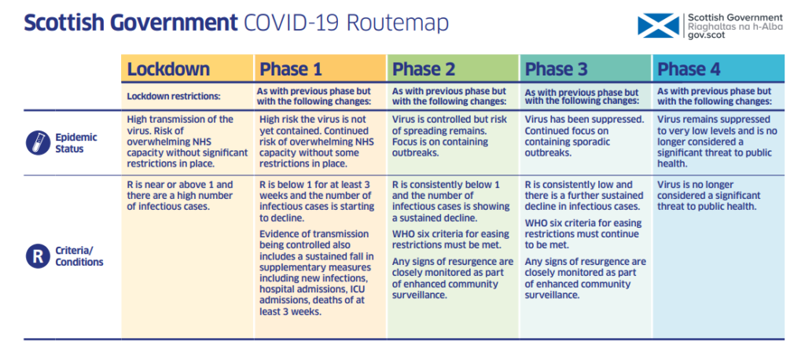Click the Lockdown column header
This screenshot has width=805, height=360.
(x=168, y=69)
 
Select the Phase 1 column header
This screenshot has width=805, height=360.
(x=292, y=69)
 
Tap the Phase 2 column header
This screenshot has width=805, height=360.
(x=424, y=69)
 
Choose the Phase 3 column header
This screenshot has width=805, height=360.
(x=557, y=69)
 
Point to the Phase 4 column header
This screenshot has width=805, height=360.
(x=689, y=69)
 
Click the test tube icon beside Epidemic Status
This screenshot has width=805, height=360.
(x=38, y=142)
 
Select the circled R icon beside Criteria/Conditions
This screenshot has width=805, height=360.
(x=38, y=256)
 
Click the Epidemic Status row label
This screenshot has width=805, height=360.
(x=76, y=142)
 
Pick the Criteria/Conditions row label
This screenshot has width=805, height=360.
(x=79, y=256)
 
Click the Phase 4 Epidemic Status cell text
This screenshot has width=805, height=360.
(x=717, y=141)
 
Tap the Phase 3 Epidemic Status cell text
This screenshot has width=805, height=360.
(x=584, y=136)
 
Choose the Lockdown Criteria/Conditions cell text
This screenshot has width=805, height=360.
(x=180, y=196)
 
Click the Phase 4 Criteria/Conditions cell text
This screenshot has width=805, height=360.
(x=708, y=196)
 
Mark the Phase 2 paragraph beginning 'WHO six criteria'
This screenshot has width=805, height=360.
(x=450, y=239)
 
